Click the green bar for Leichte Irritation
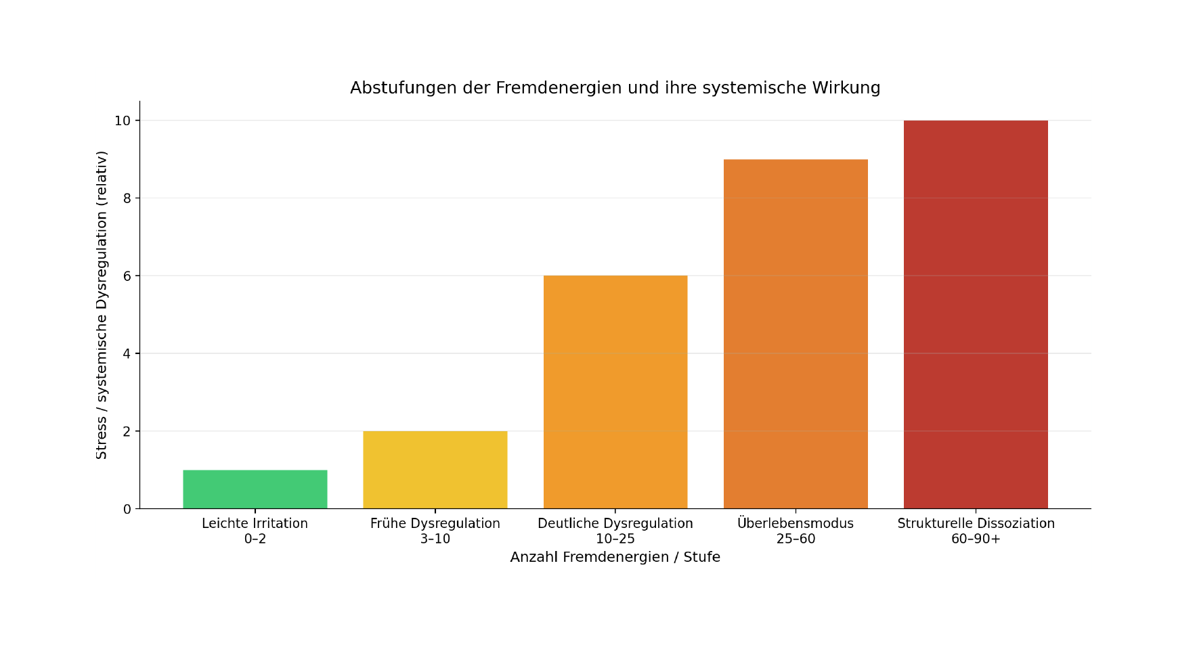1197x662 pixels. coord(255,489)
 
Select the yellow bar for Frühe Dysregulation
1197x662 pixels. coord(435,470)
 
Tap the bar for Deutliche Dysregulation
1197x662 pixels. coord(615,392)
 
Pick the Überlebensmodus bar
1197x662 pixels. coord(796,334)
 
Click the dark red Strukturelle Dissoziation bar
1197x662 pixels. coord(976,314)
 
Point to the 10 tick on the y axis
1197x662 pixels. coord(123,120)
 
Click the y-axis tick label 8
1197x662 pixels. coord(127,198)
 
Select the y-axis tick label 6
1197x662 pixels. coord(127,276)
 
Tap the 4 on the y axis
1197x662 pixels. coord(127,353)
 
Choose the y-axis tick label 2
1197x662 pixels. coord(127,431)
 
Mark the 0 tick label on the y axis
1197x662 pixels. coord(127,509)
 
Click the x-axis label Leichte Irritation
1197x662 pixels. coord(255,523)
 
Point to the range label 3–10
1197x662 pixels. coord(435,539)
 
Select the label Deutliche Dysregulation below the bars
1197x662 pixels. coord(615,523)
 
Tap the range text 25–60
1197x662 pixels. coord(796,539)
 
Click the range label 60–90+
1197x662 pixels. coord(976,539)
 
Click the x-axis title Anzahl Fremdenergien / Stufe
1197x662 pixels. coord(615,557)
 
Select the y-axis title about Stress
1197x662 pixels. coord(102,305)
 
